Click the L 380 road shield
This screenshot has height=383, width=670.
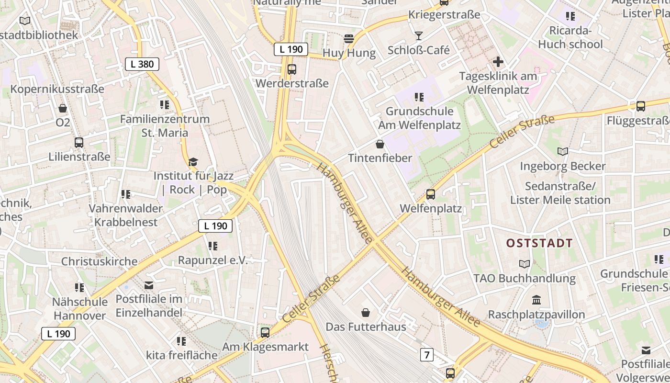pyautogui.click(x=142, y=64)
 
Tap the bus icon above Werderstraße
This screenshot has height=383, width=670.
pyautogui.click(x=292, y=69)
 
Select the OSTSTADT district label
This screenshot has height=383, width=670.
pyautogui.click(x=539, y=243)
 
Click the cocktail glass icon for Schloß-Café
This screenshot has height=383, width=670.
pyautogui.click(x=419, y=36)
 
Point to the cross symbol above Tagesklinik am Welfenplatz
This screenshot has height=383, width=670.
pyautogui.click(x=498, y=62)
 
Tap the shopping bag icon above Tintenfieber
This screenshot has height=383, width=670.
pyautogui.click(x=380, y=144)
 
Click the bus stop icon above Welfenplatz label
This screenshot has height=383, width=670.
pyautogui.click(x=431, y=194)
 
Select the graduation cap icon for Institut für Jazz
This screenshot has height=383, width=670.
pyautogui.click(x=193, y=162)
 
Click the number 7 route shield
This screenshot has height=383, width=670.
pyautogui.click(x=426, y=355)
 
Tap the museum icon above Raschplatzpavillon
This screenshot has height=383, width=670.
pyautogui.click(x=536, y=300)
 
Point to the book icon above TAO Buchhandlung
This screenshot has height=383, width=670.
pyautogui.click(x=525, y=264)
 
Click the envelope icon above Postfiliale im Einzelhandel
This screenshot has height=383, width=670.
pyautogui.click(x=149, y=285)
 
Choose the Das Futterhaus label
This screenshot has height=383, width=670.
pyautogui.click(x=366, y=327)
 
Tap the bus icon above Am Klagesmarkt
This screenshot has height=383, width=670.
pyautogui.click(x=265, y=332)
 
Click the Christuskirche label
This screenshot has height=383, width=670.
pyautogui.click(x=99, y=261)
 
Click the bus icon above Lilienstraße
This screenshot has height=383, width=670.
pyautogui.click(x=79, y=142)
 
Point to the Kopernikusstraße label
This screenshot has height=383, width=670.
pyautogui.click(x=57, y=89)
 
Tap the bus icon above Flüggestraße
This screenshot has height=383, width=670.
pyautogui.click(x=641, y=106)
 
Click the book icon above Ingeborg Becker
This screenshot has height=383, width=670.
pyautogui.click(x=563, y=152)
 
